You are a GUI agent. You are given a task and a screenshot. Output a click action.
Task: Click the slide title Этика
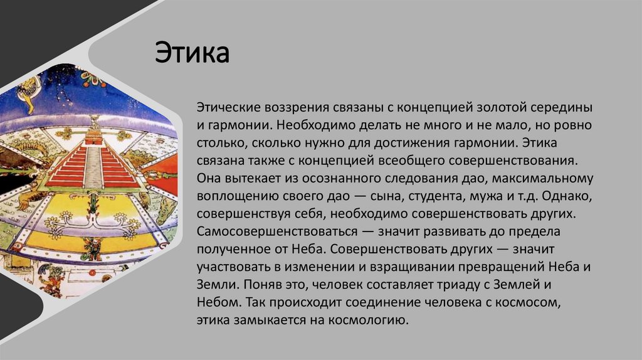tap(192, 53)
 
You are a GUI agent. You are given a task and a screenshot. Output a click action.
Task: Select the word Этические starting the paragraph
tap(222, 107)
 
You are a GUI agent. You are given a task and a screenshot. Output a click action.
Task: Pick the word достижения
tap(424, 143)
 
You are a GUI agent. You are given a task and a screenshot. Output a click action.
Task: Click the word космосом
tap(527, 302)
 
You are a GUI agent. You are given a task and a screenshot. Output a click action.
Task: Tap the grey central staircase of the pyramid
tap(93, 166)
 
